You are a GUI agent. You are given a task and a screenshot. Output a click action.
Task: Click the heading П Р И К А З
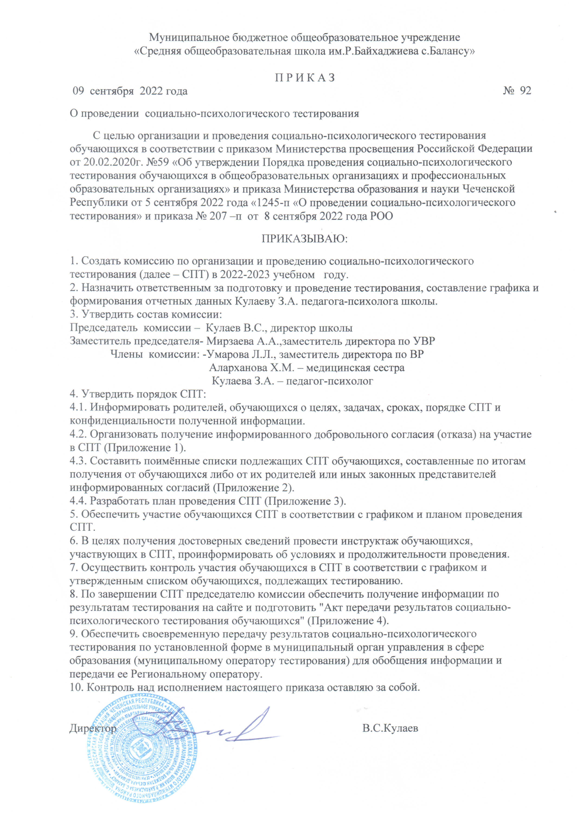point(305,78)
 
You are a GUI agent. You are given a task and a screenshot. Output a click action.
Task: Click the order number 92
point(525,91)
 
